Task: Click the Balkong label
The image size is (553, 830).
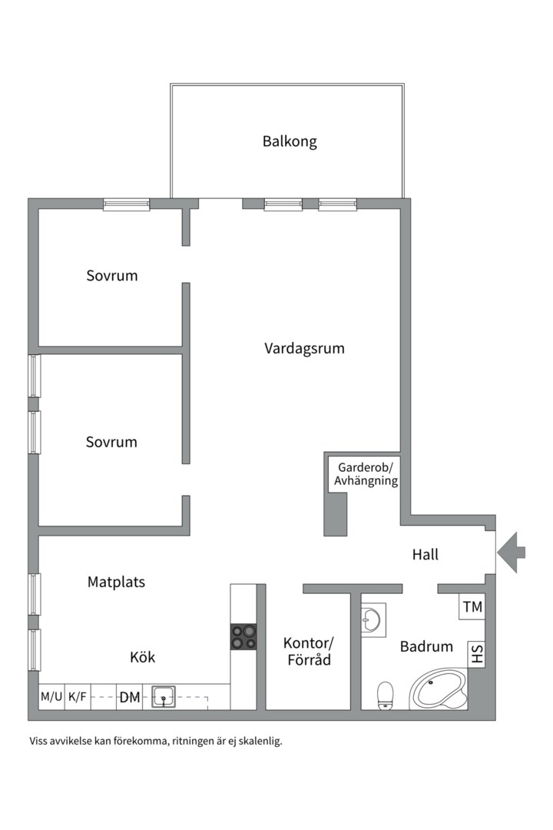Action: (x=290, y=141)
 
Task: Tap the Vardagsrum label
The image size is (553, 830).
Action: (x=304, y=348)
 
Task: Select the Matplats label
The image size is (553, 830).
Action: (x=116, y=582)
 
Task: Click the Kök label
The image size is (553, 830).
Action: (x=143, y=657)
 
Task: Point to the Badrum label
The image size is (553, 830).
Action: (x=426, y=646)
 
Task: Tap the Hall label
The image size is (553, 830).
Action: (x=425, y=554)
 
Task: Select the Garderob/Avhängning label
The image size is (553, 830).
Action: (x=364, y=474)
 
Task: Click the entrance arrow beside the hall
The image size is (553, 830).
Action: (x=511, y=552)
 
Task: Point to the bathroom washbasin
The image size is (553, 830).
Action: (x=373, y=619)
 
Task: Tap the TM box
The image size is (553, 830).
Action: (x=472, y=607)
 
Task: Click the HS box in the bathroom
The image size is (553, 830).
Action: (x=476, y=655)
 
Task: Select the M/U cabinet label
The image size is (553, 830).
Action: (x=51, y=697)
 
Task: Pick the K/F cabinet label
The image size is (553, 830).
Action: (x=78, y=697)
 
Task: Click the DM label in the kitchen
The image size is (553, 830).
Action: (x=129, y=698)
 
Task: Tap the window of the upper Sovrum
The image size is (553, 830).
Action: (x=127, y=204)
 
